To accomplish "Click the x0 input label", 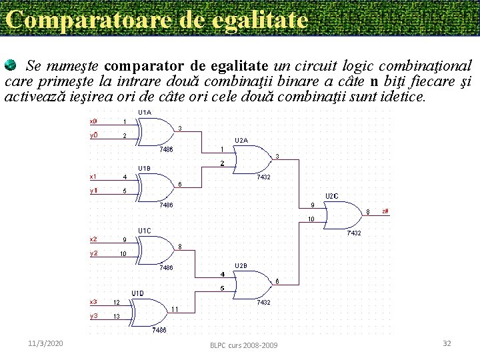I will tap(93, 121).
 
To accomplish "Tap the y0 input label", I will tap(93, 136).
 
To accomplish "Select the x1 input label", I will tap(93, 177).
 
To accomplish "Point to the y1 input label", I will tap(93, 191).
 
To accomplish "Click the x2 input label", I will tap(93, 239).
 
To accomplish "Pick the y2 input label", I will tap(93, 253).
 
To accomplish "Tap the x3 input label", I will tap(93, 301).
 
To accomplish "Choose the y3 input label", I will tap(93, 316).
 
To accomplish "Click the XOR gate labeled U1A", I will tap(157, 129).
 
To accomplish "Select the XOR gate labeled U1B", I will tap(157, 184).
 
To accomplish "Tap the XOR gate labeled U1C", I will tap(157, 247).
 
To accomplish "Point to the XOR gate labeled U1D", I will tap(150, 309).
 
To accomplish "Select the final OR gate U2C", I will tap(343, 213).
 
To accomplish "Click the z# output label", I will tap(385, 211).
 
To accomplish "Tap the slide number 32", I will tap(447, 343).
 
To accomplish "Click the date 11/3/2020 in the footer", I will tap(46, 343).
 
